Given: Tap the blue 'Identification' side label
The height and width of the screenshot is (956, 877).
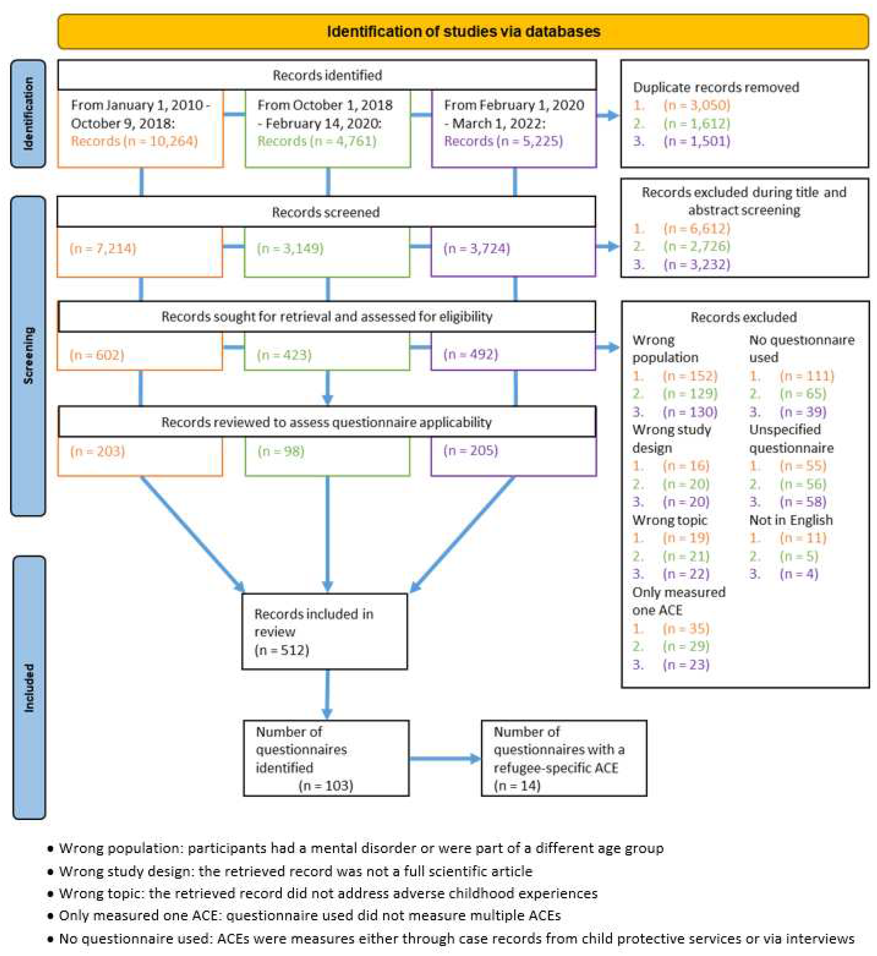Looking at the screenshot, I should coord(28,114).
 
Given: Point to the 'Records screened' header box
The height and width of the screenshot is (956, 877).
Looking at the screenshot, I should coord(326,212).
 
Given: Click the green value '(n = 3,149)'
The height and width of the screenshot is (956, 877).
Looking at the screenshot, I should coord(290,248).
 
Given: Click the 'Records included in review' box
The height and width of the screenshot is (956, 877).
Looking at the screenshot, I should coord(324,631).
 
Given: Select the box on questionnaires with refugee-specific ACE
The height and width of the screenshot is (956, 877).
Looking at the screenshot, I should coord(564,758).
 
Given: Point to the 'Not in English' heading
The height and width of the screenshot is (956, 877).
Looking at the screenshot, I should coord(791,520).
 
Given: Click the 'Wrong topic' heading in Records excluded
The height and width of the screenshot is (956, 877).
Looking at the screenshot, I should coord(669,520).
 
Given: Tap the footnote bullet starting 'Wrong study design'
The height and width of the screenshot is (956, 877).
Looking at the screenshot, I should coord(295,871).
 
